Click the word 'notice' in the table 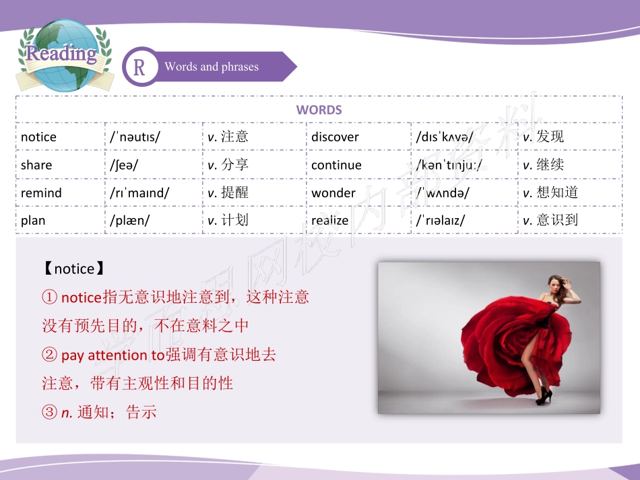click(38, 137)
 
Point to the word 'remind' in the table click(41, 193)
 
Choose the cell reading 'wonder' click(333, 193)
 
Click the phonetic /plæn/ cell click(130, 220)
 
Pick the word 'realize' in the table click(329, 220)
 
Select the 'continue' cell click(336, 165)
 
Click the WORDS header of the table click(319, 110)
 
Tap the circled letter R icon click(139, 67)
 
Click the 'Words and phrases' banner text click(212, 67)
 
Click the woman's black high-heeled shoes click(542, 396)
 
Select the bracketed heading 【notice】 click(73, 269)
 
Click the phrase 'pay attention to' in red click(113, 355)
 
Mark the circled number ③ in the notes click(49, 413)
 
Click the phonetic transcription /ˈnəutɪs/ click(135, 137)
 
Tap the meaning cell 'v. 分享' click(228, 165)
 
